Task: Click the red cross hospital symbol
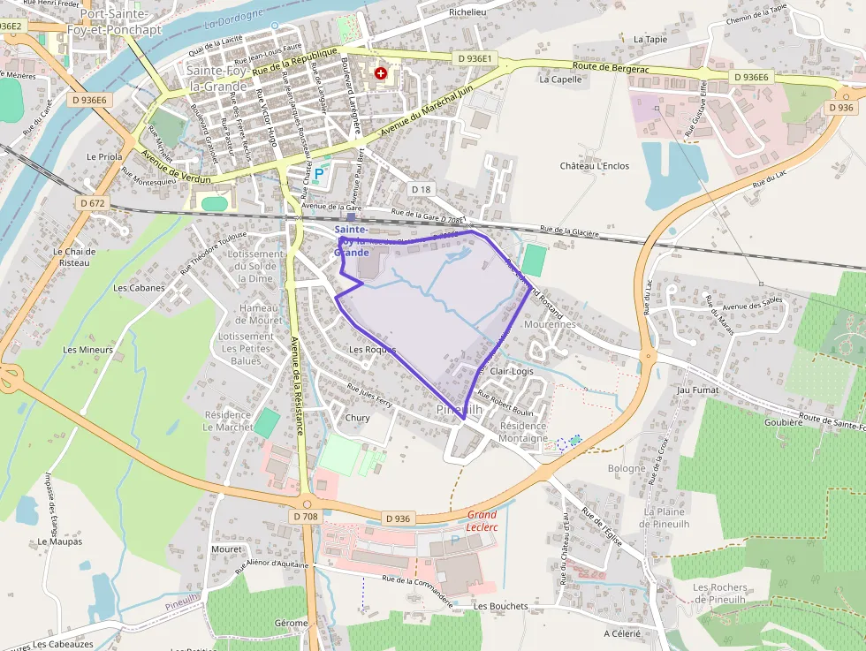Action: click(x=381, y=74)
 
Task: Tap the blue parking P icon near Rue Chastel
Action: click(x=319, y=175)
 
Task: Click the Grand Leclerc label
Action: click(x=482, y=520)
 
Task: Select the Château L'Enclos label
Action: click(x=595, y=166)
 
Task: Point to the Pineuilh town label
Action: click(x=459, y=411)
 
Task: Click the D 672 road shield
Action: click(x=92, y=203)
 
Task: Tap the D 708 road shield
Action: click(x=303, y=516)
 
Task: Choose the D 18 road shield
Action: click(x=422, y=189)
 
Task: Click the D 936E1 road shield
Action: click(x=478, y=59)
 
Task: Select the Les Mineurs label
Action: click(x=88, y=350)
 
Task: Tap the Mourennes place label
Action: click(x=549, y=324)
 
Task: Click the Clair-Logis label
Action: click(x=512, y=372)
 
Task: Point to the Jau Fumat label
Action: click(x=696, y=390)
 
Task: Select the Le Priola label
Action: click(x=104, y=156)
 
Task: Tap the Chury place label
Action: click(x=358, y=418)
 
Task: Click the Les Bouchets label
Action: click(x=500, y=607)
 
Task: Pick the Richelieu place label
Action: click(x=467, y=12)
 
